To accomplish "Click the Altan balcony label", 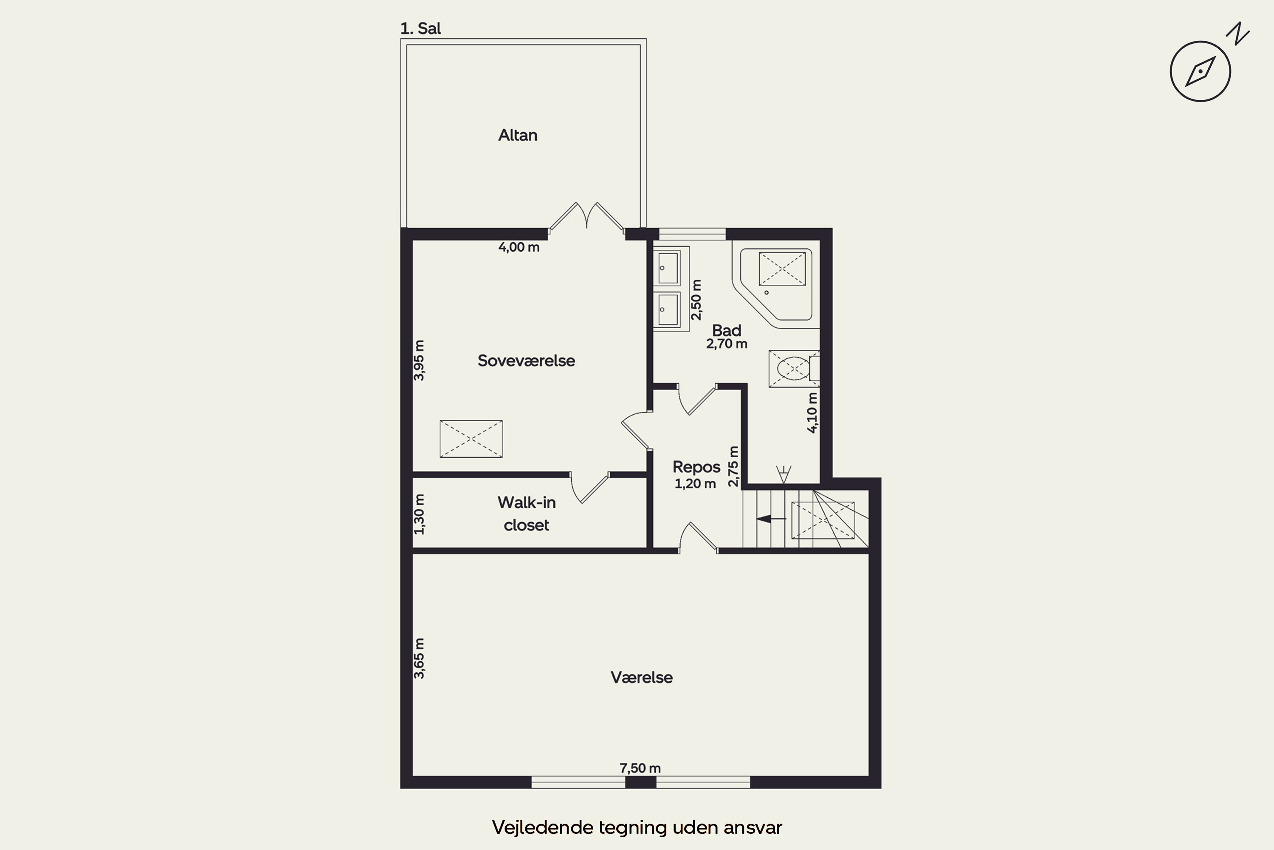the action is (x=518, y=135).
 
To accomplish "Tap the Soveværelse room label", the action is (x=526, y=360).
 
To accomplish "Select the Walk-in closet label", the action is (x=527, y=513).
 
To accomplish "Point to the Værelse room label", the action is (x=641, y=677).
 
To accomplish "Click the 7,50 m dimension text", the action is (x=640, y=768).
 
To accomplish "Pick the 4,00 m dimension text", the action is (x=519, y=247).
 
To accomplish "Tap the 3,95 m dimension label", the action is (x=419, y=360).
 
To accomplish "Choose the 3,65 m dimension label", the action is (x=419, y=658).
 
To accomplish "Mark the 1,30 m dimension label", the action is (x=419, y=514).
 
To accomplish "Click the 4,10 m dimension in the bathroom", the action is (x=812, y=413).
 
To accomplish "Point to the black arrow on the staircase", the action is (x=771, y=519).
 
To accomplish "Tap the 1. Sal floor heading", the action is (x=420, y=28).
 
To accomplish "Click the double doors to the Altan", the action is (x=586, y=217).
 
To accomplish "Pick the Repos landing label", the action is (x=696, y=467).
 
